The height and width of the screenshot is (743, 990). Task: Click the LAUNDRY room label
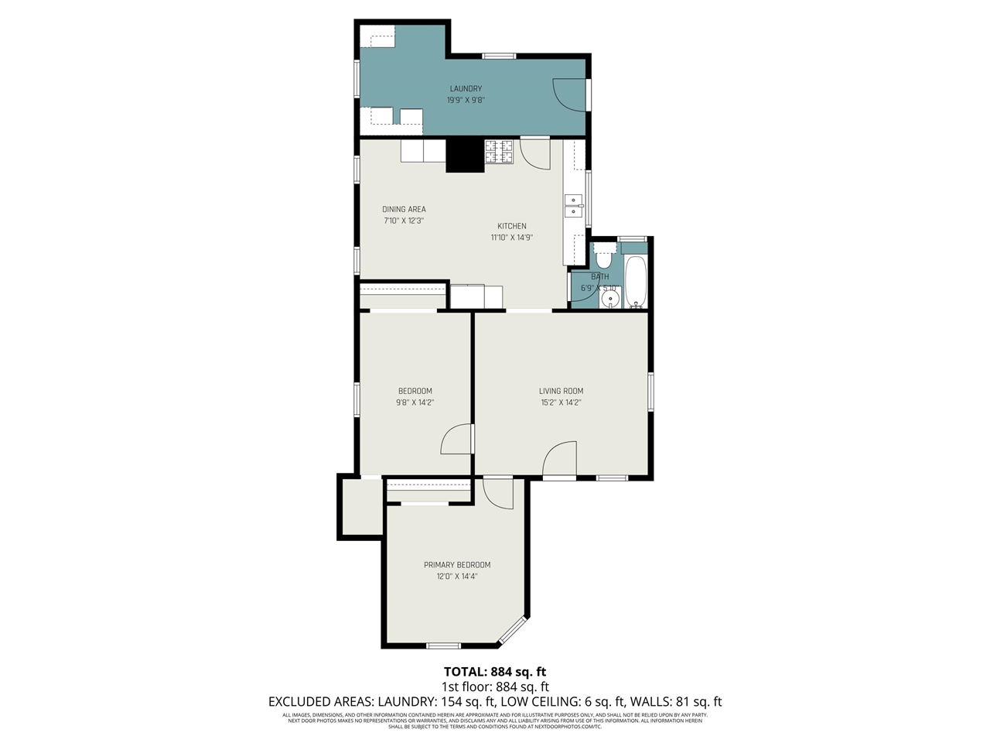(466, 88)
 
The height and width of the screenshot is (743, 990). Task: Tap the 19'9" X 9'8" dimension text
(466, 100)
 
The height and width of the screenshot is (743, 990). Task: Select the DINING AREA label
(404, 209)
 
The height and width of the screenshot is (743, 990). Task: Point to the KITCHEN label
(511, 226)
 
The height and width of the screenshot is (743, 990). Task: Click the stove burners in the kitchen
(499, 152)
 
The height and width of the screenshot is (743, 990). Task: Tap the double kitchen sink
(573, 206)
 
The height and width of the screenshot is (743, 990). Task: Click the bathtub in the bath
(636, 282)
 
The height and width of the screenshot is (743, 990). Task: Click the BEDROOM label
(415, 391)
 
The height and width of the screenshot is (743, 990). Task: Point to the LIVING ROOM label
(561, 391)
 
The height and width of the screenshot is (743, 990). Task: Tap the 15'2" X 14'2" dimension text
(561, 402)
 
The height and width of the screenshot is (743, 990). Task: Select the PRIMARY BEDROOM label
(456, 565)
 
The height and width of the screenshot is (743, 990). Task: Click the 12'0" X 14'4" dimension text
(456, 577)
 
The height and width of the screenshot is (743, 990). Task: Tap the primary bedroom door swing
(498, 493)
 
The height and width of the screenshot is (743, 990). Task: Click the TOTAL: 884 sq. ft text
(494, 672)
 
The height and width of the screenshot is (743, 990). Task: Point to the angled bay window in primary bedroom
(512, 632)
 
